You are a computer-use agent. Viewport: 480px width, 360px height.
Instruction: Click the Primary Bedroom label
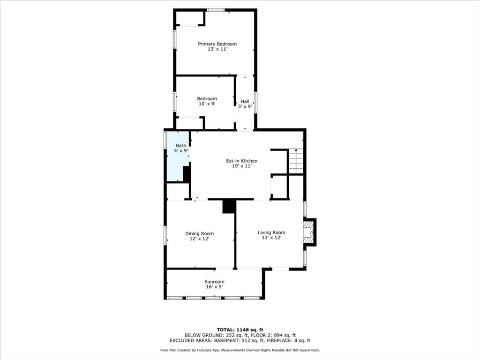tap(217, 44)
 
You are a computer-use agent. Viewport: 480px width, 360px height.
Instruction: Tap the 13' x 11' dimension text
tap(217, 49)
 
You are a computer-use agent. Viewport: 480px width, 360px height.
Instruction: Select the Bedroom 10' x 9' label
tap(207, 101)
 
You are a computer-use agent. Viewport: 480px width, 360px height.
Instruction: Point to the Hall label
tap(245, 101)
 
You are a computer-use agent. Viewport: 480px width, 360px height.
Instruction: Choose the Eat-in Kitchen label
tap(241, 161)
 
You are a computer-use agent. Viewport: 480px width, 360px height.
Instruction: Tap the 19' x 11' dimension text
tap(241, 166)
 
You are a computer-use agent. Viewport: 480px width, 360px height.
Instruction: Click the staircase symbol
tap(296, 161)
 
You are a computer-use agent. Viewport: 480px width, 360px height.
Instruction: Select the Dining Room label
tap(199, 233)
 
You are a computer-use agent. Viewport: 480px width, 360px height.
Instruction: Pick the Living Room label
tap(271, 232)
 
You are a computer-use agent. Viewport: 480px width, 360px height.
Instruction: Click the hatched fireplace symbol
tap(307, 232)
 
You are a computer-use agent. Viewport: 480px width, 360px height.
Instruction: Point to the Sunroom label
tap(214, 282)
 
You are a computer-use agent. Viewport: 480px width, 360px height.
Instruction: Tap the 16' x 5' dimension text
tap(214, 287)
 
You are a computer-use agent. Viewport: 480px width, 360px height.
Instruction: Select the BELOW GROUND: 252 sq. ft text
tap(211, 335)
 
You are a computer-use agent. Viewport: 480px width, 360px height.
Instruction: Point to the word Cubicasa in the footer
tap(215, 350)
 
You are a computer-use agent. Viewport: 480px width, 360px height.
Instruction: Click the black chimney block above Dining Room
tap(229, 206)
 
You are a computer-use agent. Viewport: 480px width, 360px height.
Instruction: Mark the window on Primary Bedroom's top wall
tap(216, 10)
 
